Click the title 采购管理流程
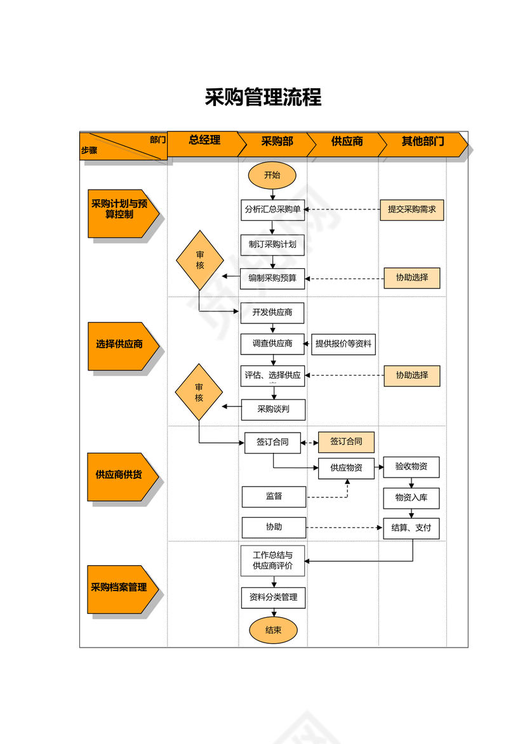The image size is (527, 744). point(263,97)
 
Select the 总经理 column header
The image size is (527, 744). point(204,141)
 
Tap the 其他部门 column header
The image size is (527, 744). point(422,141)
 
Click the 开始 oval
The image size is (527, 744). point(272,176)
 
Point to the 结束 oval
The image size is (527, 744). point(272,630)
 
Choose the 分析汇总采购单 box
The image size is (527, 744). point(272,209)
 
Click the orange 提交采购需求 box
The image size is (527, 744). point(411,209)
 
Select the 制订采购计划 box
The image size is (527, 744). point(272,244)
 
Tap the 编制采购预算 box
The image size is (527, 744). point(272,278)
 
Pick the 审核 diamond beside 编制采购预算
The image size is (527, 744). point(200,260)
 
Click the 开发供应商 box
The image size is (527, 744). point(272,313)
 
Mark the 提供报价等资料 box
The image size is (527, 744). point(344,344)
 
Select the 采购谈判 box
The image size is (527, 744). point(273,409)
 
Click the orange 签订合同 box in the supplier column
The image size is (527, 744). point(346,441)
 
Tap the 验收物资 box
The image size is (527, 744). point(411,467)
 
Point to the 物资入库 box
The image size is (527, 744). point(411,497)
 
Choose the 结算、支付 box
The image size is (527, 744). point(411,528)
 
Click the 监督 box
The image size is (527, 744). point(274,497)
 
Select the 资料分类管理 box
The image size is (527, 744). point(273,597)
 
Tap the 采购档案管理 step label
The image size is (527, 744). point(119,588)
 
